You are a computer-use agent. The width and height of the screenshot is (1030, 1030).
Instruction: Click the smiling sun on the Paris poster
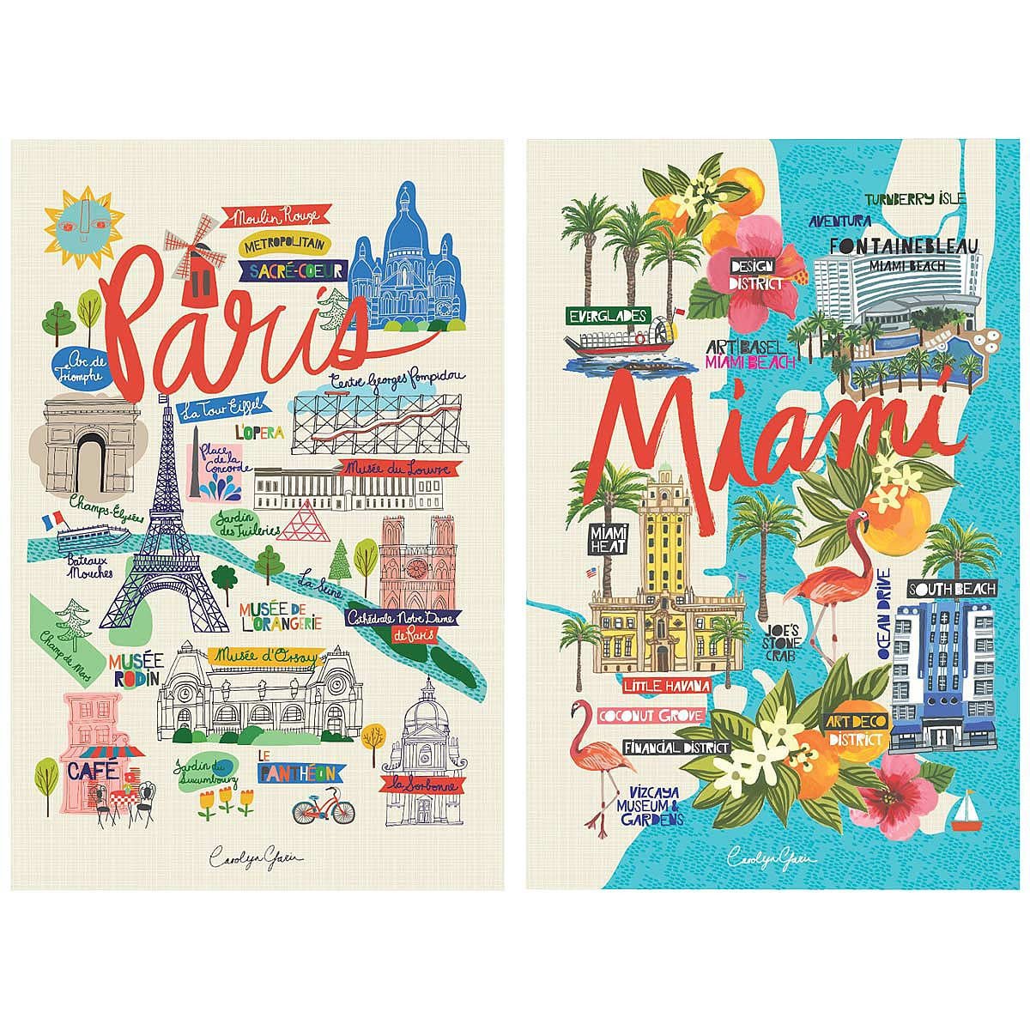click(73, 215)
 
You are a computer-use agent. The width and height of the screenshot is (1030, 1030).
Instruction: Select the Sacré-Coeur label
click(293, 270)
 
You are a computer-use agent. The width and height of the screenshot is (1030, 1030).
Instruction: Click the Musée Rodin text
click(135, 669)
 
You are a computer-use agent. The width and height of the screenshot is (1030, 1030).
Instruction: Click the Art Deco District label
click(854, 730)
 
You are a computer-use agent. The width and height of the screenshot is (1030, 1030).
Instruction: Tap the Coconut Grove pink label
click(665, 715)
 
